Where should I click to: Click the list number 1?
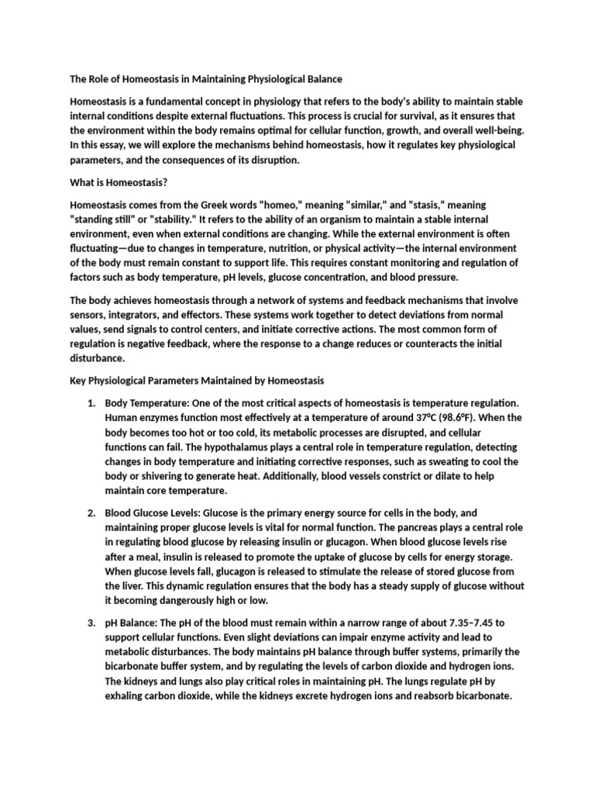[90, 403]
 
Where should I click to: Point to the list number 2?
[90, 513]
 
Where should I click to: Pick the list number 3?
[90, 623]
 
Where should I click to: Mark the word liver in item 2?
[132, 586]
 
